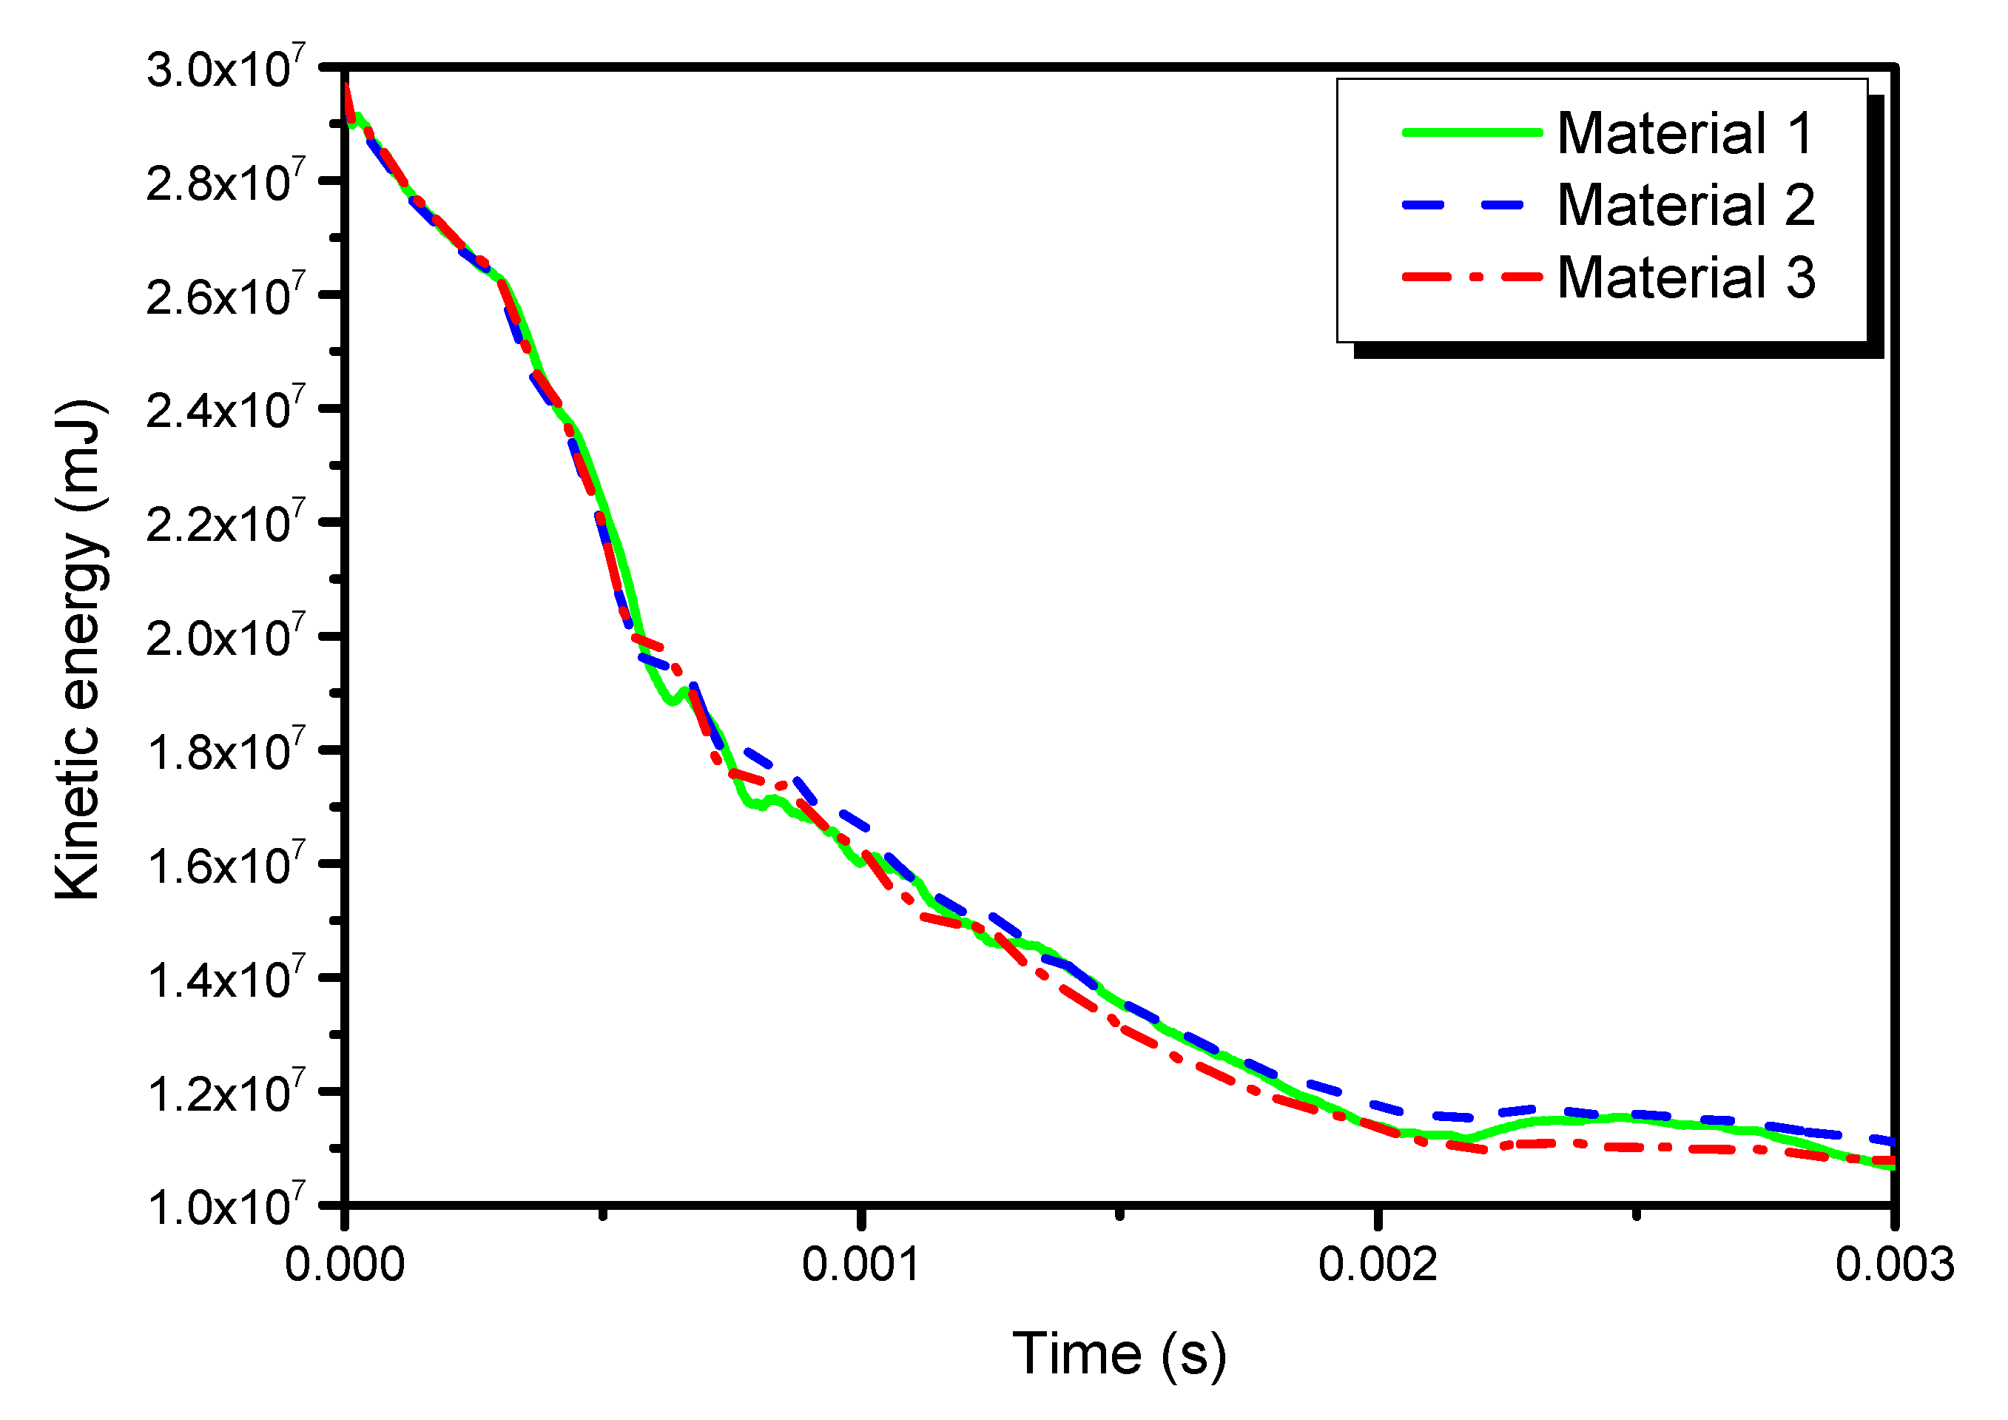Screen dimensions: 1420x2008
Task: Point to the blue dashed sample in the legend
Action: (1462, 205)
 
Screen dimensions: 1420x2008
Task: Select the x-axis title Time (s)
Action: (1119, 1354)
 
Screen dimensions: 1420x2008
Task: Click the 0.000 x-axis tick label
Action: (345, 1265)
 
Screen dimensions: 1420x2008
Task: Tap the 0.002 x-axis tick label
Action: (1378, 1265)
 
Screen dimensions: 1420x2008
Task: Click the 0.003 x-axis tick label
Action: (1894, 1265)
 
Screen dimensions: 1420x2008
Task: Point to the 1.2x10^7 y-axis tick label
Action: (226, 1093)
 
